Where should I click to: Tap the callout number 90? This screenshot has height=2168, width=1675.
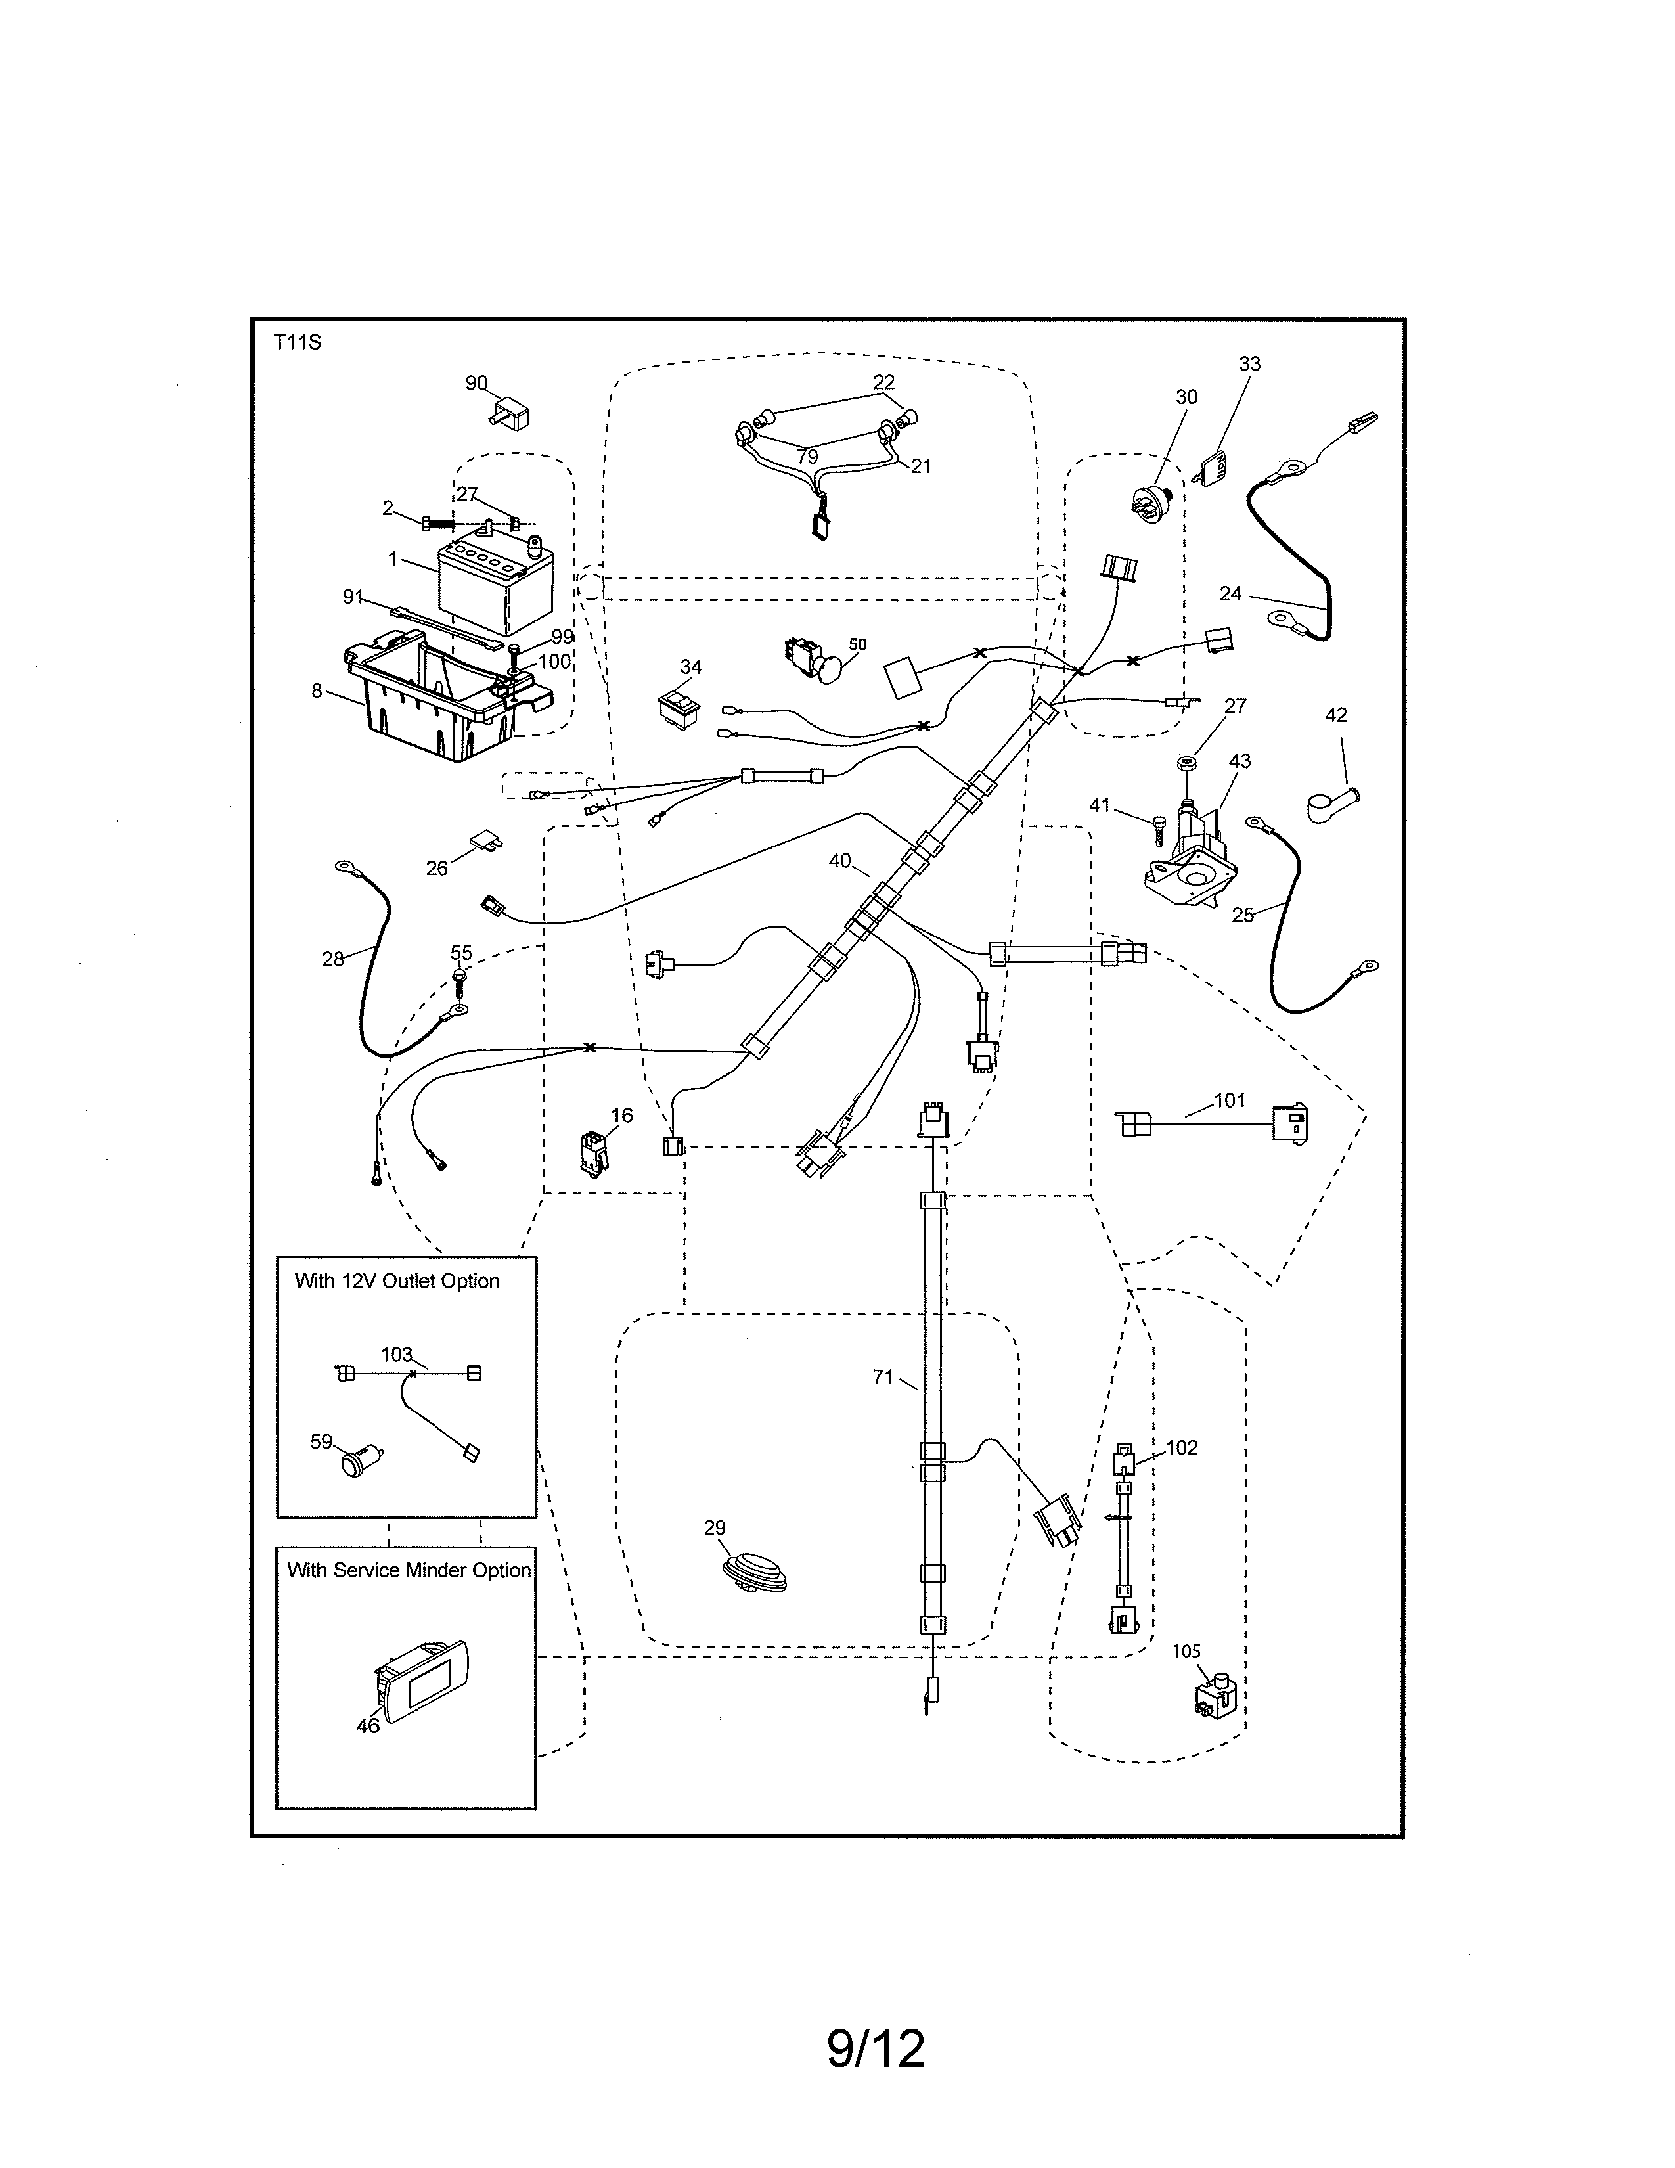476,383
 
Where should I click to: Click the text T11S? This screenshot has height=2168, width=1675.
298,344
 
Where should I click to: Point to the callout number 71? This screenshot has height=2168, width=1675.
883,1377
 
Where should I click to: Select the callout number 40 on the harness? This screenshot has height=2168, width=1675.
839,861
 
